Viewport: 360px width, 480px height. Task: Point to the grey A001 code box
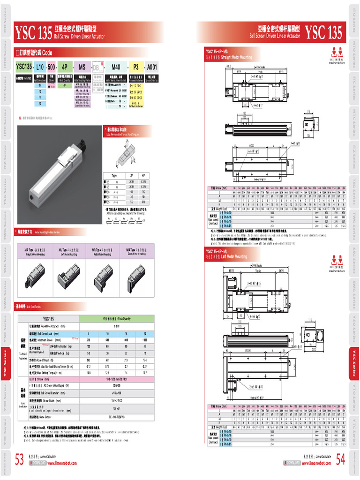point(153,67)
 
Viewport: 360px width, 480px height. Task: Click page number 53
point(20,460)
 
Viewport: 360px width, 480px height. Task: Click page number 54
point(340,460)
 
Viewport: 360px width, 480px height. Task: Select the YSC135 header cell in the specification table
point(48,319)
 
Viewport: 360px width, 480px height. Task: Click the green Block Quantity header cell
point(117,319)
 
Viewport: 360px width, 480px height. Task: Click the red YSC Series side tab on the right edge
point(355,363)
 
